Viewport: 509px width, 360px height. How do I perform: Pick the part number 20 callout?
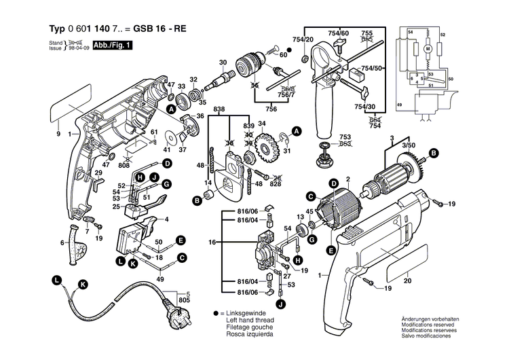click(408, 281)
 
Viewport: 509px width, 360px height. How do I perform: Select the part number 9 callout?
click(58, 134)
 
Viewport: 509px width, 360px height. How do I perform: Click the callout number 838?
click(219, 109)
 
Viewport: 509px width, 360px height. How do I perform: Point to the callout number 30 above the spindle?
click(223, 62)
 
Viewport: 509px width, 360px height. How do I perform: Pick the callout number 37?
click(182, 150)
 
